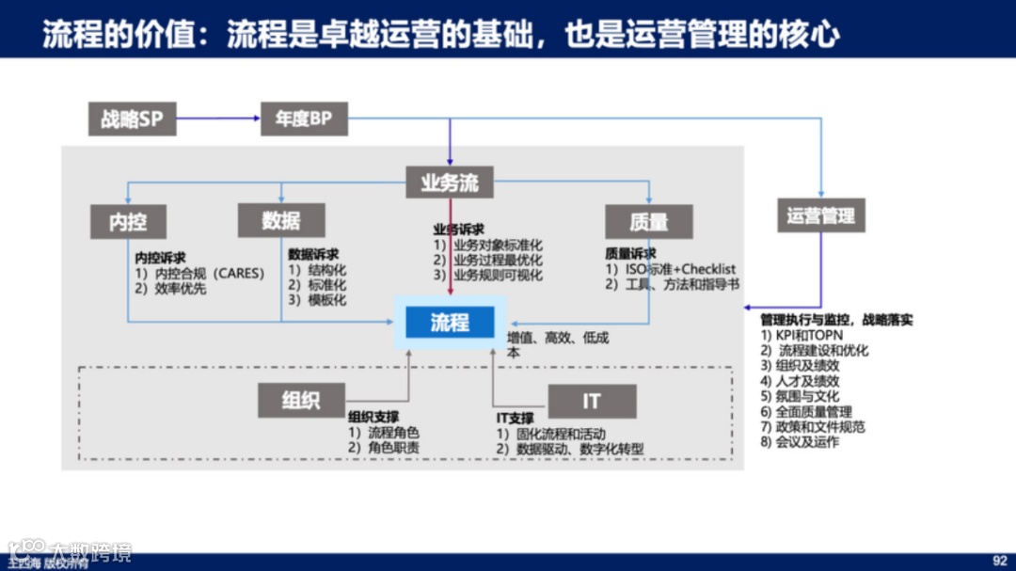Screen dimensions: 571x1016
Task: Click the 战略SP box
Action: (132, 119)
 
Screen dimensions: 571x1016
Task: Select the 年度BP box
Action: (304, 119)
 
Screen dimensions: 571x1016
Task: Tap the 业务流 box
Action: (450, 182)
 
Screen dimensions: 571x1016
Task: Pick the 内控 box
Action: (128, 221)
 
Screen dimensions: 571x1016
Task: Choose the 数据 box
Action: (281, 220)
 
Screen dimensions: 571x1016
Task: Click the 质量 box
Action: (648, 221)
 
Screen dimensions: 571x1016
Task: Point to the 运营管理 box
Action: (820, 215)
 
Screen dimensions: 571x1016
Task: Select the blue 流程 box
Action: (450, 323)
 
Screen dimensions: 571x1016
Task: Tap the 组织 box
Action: (301, 401)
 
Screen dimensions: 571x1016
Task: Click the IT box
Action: (591, 401)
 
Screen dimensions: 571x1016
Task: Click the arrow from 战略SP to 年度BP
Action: (218, 119)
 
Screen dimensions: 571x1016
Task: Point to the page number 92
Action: (1000, 560)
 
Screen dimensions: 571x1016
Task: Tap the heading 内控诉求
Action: (160, 258)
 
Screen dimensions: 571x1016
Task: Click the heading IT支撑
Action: (516, 418)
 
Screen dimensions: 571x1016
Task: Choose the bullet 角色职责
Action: (384, 448)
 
